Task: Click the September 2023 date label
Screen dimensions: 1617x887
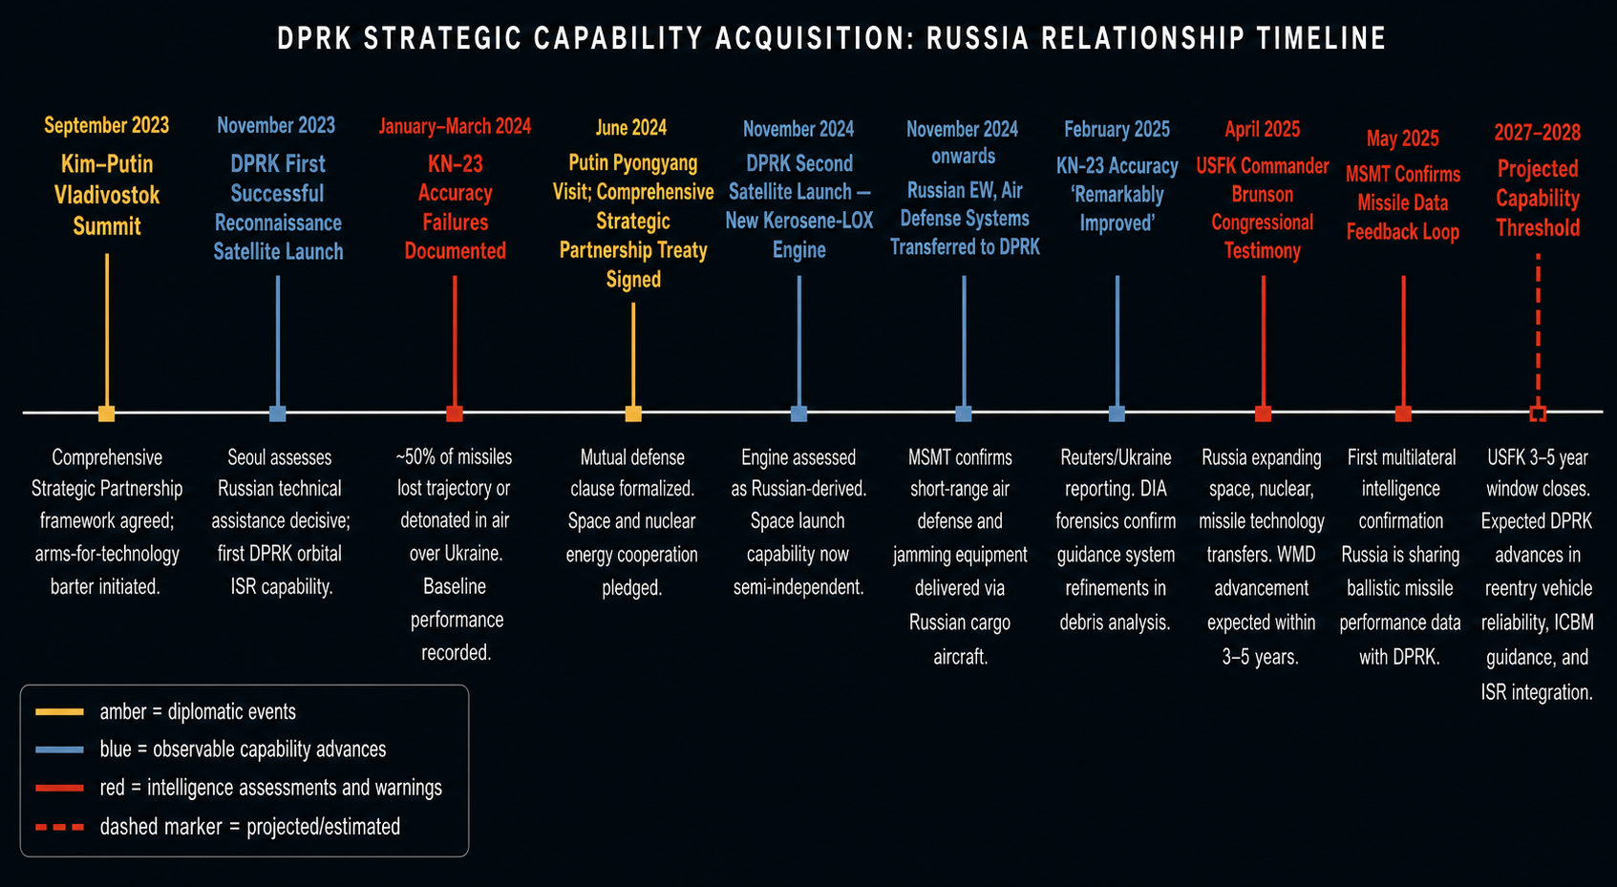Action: click(107, 126)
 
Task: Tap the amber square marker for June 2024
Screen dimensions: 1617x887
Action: click(633, 413)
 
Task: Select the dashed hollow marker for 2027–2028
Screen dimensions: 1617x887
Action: click(1538, 413)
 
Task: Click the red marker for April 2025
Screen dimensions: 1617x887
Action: click(1263, 413)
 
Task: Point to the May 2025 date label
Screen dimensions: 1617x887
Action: click(1403, 137)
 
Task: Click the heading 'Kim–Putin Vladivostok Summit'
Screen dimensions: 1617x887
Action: click(107, 195)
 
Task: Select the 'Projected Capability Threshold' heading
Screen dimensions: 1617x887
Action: click(1538, 199)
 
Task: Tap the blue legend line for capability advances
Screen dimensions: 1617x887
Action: click(60, 750)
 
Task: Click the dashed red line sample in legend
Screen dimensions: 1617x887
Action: click(60, 827)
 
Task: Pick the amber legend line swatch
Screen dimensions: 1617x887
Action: click(60, 712)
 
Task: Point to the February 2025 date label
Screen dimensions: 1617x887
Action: click(1117, 129)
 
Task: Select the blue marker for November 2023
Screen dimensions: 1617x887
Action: click(277, 413)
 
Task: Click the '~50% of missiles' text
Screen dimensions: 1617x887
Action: click(454, 456)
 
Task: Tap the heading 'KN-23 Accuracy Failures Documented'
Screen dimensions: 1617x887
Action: click(455, 207)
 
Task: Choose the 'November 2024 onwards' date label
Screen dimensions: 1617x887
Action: click(962, 142)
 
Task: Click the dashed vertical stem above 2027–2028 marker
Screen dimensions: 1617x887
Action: click(1538, 329)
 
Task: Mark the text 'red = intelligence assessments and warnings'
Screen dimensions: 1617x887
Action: click(270, 788)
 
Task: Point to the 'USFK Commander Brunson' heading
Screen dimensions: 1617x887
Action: click(1263, 180)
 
